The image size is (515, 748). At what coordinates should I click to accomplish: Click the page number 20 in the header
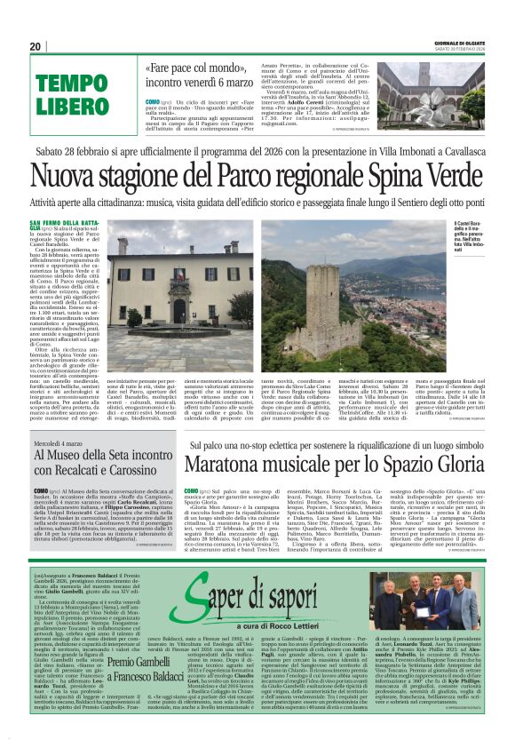click(35, 46)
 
